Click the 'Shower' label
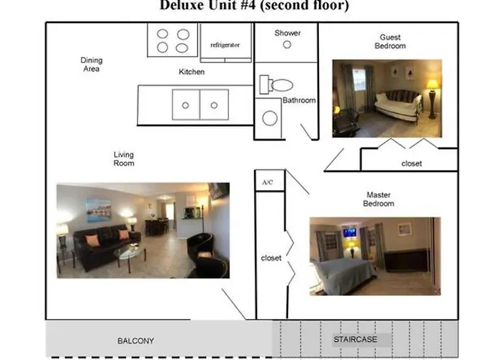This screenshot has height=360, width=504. coord(287,33)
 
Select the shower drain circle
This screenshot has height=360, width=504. coord(287,45)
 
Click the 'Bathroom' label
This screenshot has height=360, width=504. coord(299,101)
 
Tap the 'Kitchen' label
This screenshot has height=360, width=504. coord(192,72)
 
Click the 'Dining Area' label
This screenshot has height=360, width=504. coord(91,65)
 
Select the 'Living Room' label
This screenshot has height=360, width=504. coord(124,159)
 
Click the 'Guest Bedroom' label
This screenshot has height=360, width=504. coord(390,42)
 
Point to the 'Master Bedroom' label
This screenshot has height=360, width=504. coord(379,199)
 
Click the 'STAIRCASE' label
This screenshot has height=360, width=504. coord(354,339)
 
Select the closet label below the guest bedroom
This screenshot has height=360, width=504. coord(412,163)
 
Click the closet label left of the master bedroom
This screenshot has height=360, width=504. coord(271,257)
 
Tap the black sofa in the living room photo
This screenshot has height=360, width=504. coord(101,245)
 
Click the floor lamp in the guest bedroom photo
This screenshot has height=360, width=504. coord(432,97)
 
